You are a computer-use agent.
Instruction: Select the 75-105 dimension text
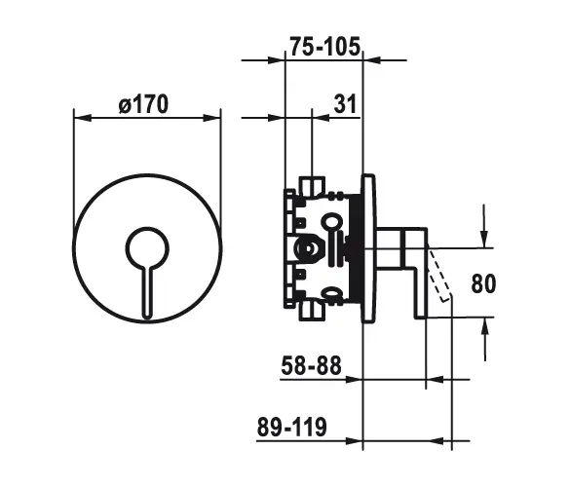(325, 45)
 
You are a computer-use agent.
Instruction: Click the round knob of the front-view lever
(147, 247)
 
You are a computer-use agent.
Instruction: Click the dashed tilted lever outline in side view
(442, 277)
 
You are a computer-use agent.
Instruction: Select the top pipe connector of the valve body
(312, 183)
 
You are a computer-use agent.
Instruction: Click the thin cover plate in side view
(368, 247)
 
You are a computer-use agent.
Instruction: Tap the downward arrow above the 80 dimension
(485, 233)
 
